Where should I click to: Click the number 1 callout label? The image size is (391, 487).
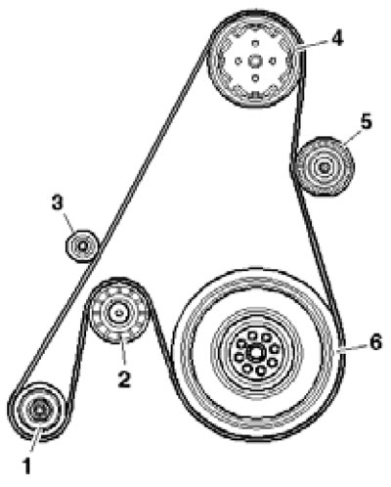[x=26, y=465]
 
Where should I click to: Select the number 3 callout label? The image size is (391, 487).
[x=58, y=203]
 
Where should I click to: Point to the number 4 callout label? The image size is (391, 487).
[x=337, y=38]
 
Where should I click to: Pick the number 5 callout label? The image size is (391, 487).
[x=366, y=122]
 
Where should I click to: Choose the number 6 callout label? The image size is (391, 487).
[x=375, y=343]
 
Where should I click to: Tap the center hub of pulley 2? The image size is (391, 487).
[x=118, y=312]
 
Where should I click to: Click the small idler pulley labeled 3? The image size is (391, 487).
[x=82, y=245]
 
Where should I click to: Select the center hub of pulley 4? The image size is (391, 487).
[x=255, y=61]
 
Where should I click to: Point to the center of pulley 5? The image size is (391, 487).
[x=325, y=167]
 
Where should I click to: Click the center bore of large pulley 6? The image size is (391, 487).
[x=254, y=353]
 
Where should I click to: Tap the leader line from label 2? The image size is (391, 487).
[x=122, y=349]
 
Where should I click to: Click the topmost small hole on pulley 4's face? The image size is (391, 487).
[x=255, y=43]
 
